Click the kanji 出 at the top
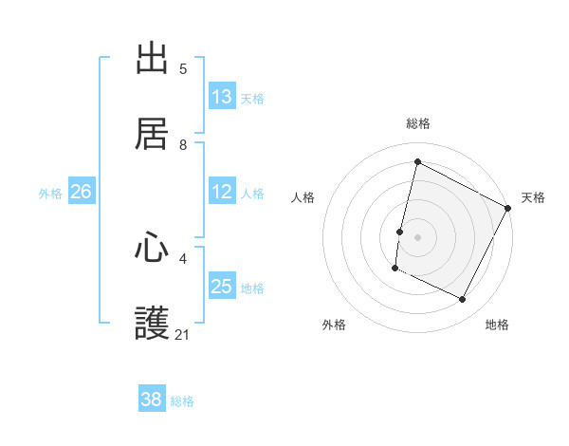[153, 60]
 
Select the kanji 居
[153, 134]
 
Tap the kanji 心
[153, 249]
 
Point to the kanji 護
[153, 324]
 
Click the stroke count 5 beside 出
[183, 69]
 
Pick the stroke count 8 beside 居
[183, 144]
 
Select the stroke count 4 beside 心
[183, 258]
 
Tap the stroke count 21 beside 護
[183, 334]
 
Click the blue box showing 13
[222, 97]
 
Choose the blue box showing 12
[222, 192]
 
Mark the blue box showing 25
[222, 287]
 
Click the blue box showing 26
[81, 192]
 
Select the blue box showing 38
[152, 400]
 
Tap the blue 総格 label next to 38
[182, 401]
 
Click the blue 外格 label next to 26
[50, 194]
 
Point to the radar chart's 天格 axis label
[533, 197]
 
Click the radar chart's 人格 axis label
[303, 197]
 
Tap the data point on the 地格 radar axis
[463, 300]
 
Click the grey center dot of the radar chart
[417, 236]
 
